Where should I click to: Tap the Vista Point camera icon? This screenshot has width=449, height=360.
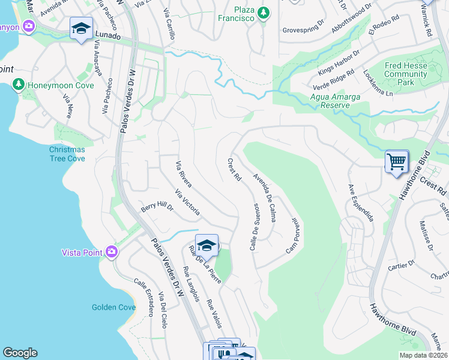coord(111,252)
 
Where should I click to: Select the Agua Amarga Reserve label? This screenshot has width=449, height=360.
coord(330,101)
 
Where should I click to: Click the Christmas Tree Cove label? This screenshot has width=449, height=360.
coord(67,154)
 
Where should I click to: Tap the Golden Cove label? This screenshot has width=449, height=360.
coord(113,307)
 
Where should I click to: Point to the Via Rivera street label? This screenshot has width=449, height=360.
coord(183,173)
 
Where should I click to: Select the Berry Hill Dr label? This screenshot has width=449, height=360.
coord(157,208)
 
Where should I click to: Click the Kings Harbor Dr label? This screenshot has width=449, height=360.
coord(339,62)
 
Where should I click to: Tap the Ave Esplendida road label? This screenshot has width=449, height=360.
coord(361,203)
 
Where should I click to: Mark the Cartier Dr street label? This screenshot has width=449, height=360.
coord(402,265)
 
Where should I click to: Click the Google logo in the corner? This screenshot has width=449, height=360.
coord(20,353)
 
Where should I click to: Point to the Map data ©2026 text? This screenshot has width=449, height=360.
coord(423,355)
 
